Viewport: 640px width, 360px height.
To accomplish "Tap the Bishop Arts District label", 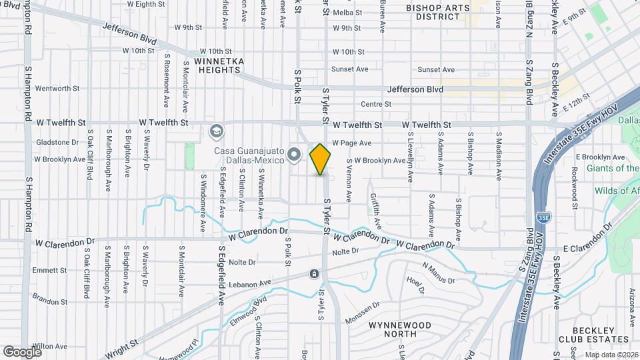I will coord(438,12).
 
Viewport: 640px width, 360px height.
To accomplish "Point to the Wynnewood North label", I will coord(394,329).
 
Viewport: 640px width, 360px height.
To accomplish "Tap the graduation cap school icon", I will coord(215,131).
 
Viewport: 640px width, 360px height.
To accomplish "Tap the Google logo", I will coord(23,351).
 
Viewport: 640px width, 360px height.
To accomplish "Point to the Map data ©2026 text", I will coord(611,355).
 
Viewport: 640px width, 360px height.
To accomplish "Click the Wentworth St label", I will coord(57,88).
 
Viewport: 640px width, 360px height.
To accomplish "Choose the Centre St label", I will coord(375,104).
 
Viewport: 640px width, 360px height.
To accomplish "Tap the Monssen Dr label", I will coord(363,313).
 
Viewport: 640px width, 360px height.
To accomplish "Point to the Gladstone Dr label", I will coord(57,142).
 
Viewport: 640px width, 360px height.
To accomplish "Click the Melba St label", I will coord(347,13).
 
